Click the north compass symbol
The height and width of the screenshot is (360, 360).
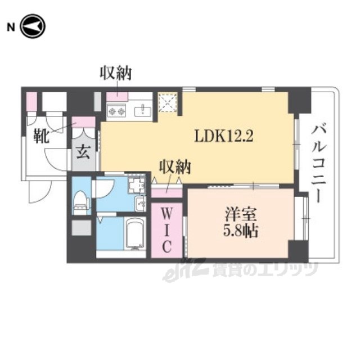pos(33,26)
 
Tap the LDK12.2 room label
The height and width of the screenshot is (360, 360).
pos(224,136)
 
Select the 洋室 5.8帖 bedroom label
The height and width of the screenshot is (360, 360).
pos(241,222)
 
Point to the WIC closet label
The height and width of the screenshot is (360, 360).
pos(166,231)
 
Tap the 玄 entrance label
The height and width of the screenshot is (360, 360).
pos(83,152)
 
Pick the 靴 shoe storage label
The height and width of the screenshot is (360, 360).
pos(41,136)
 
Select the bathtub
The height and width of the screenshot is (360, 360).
pos(135,234)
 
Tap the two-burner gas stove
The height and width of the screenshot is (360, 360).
pos(116,111)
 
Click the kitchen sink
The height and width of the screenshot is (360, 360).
pos(142,111)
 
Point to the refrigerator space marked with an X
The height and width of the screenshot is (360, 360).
pos(168,102)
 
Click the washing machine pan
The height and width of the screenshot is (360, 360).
pos(136,186)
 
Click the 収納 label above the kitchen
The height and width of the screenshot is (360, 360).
pos(115,73)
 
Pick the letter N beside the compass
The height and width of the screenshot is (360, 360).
pos(11,28)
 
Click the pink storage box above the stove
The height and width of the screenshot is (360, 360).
pos(117,97)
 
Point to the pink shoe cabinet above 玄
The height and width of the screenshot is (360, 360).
pos(84,122)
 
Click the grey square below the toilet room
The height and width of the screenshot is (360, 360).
pos(81,227)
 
